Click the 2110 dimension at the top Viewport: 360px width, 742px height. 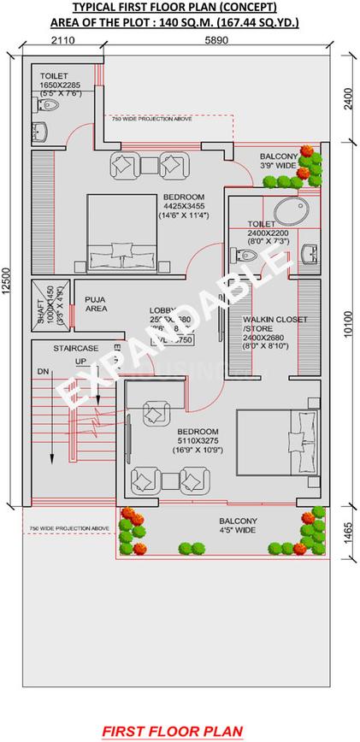click(x=63, y=41)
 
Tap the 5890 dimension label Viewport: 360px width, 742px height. click(x=204, y=41)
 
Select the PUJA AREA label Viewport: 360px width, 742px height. click(x=95, y=303)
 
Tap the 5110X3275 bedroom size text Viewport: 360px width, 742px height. click(x=198, y=440)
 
